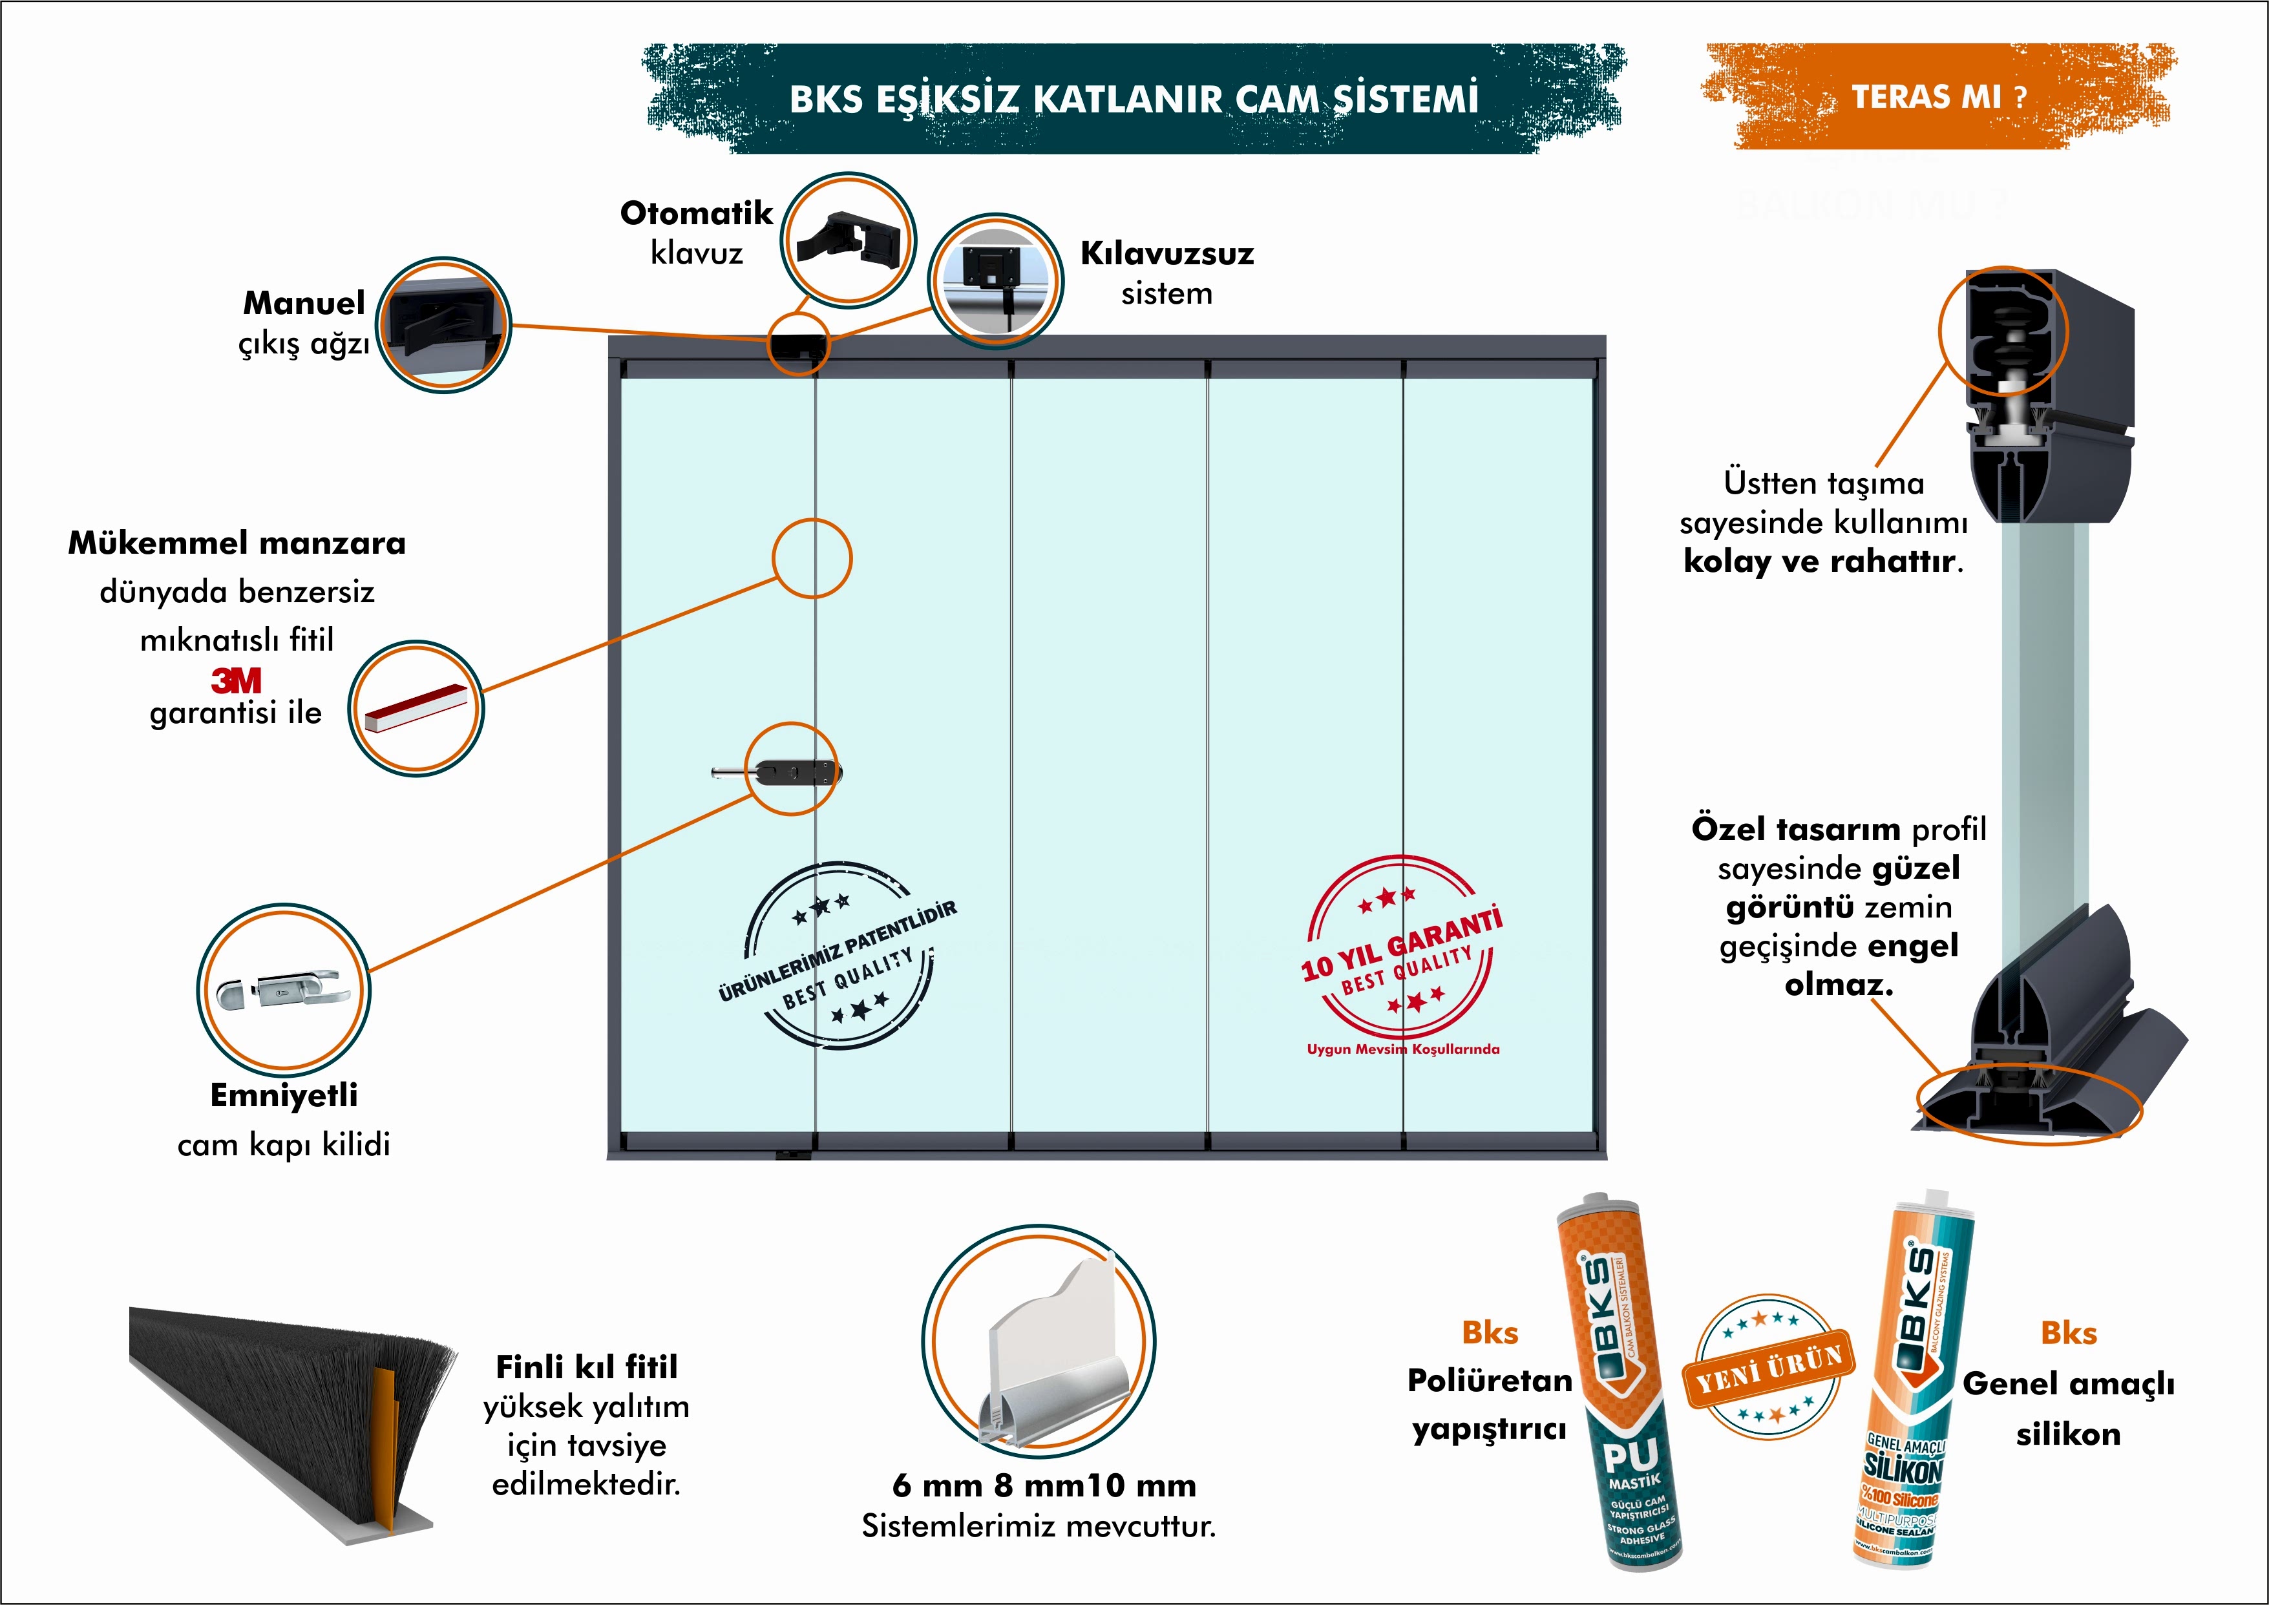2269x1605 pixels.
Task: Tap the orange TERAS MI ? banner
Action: [1938, 97]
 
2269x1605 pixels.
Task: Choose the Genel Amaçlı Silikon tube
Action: [1912, 1383]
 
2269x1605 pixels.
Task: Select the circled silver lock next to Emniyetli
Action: [284, 989]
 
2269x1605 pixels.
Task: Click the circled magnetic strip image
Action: [416, 708]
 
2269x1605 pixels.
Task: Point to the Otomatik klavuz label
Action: [696, 231]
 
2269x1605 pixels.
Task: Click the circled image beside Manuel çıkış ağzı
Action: [444, 325]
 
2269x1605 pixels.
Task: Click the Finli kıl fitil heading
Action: [586, 1367]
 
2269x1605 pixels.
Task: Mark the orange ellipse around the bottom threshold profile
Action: [2029, 1105]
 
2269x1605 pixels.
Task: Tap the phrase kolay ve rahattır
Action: [1822, 561]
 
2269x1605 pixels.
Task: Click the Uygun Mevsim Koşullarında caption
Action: [1402, 1049]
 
